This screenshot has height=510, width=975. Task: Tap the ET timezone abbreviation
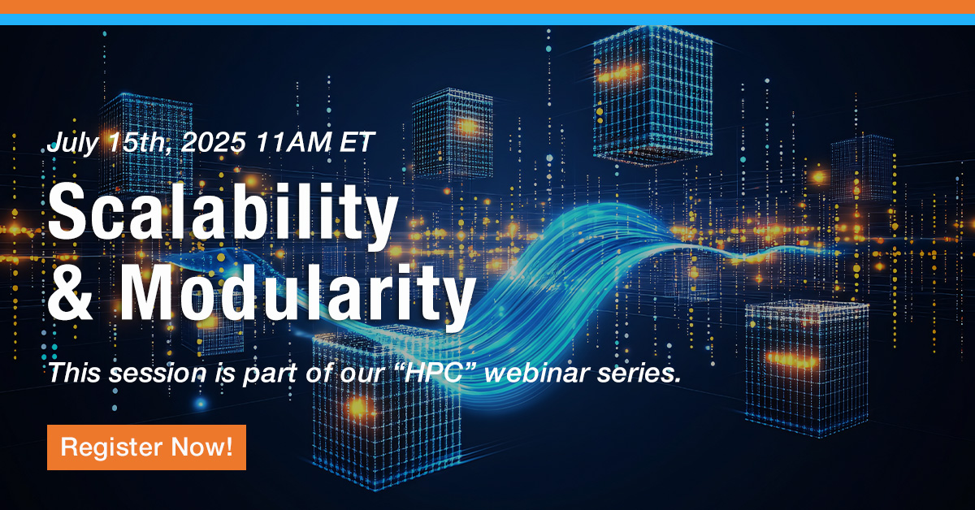click(x=357, y=144)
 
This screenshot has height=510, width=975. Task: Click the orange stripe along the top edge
click(x=487, y=6)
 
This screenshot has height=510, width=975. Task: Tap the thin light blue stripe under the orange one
click(x=487, y=19)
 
